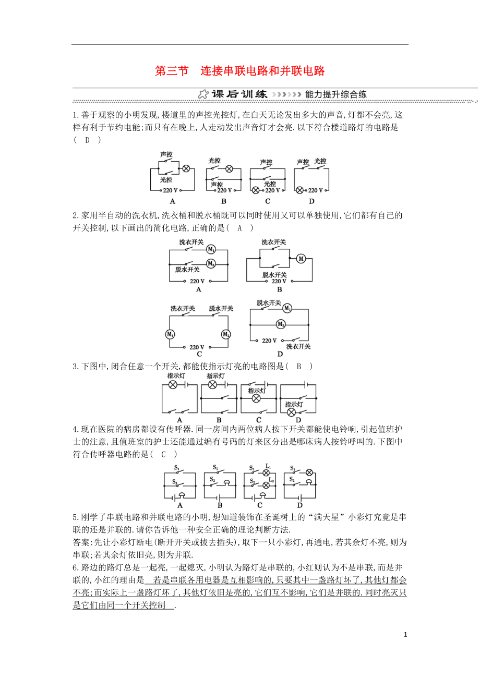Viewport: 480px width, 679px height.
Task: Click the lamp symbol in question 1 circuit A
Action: (186, 168)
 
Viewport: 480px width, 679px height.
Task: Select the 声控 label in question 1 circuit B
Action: (217, 185)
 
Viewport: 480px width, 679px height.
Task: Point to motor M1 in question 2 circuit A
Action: (211, 249)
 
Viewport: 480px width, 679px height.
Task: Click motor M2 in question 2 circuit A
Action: (211, 264)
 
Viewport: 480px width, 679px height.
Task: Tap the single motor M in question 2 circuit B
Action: (301, 258)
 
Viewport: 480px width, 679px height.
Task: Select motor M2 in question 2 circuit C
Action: (225, 334)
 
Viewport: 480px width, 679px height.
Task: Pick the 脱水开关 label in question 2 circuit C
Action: (221, 309)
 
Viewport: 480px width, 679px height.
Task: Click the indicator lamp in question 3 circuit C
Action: (256, 398)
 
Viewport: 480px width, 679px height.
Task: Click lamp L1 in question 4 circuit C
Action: (266, 474)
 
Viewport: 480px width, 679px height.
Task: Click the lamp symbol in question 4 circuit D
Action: (309, 472)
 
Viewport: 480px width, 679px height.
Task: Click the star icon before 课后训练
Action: (203, 94)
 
